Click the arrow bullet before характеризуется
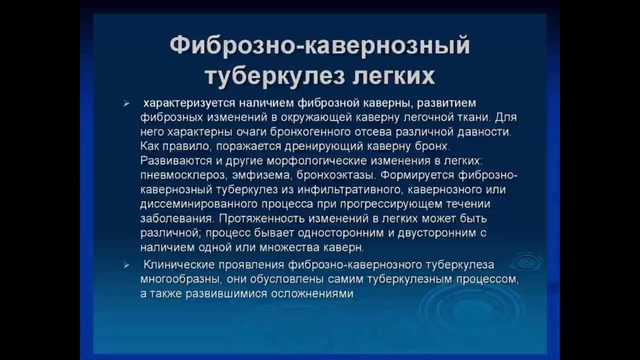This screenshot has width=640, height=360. coord(125,104)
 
